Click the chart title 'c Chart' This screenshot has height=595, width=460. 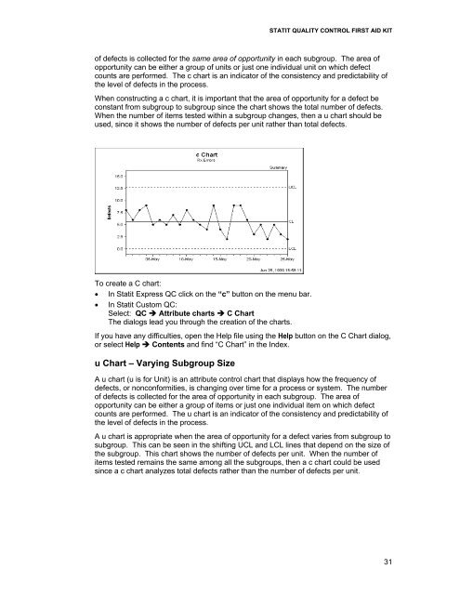click(x=205, y=154)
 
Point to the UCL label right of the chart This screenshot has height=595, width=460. click(x=293, y=187)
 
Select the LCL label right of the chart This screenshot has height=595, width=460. click(x=293, y=248)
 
